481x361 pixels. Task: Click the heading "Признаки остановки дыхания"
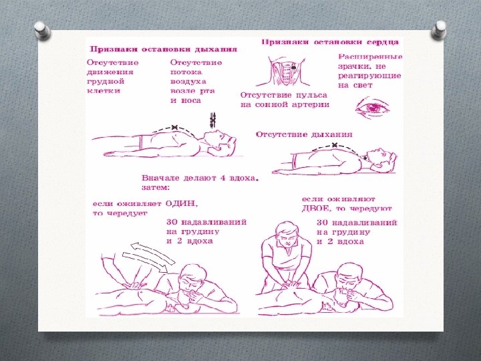pos(163,49)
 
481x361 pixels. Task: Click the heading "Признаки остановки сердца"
pos(330,41)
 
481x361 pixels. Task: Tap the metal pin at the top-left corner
pos(43,30)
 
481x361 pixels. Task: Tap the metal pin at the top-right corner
pos(439,30)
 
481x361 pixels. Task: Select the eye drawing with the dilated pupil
pos(372,107)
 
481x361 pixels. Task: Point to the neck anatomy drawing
pos(283,72)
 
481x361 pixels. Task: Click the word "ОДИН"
pos(180,203)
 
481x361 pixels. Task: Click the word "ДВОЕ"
pos(316,209)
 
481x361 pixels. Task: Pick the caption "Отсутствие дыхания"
pos(304,134)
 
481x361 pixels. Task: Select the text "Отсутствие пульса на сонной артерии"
pos(285,100)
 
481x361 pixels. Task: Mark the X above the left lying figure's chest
pos(175,127)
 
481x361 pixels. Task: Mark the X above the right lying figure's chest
pos(335,144)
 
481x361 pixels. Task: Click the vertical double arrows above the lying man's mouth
pos(213,120)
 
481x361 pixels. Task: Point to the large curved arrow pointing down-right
pos(146,261)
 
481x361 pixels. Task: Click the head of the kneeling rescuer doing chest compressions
pos(287,233)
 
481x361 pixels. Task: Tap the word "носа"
pos(190,100)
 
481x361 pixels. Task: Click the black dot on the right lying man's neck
pos(365,158)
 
